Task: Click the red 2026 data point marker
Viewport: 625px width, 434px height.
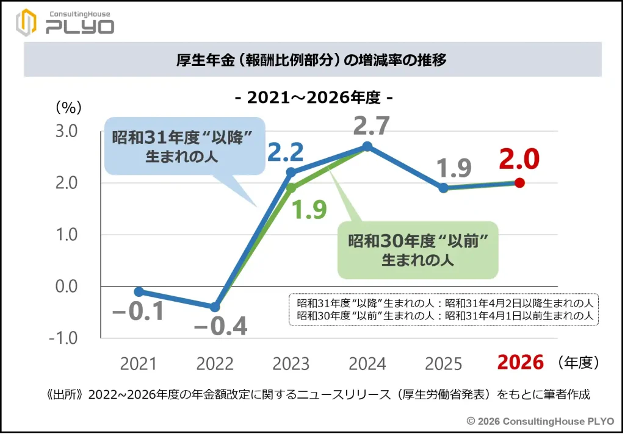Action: pyautogui.click(x=519, y=182)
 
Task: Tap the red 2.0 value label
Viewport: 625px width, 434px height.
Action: pyautogui.click(x=519, y=159)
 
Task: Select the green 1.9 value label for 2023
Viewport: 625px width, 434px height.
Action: pyautogui.click(x=309, y=209)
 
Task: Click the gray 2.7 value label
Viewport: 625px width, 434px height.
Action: pyautogui.click(x=371, y=126)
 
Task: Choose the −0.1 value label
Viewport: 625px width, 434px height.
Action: pyautogui.click(x=138, y=311)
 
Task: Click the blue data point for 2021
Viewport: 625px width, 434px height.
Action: pyautogui.click(x=139, y=291)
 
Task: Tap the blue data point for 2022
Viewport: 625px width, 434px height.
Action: pyautogui.click(x=215, y=307)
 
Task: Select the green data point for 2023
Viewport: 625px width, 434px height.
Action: pyautogui.click(x=291, y=188)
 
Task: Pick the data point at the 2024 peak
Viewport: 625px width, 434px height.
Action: pyautogui.click(x=367, y=146)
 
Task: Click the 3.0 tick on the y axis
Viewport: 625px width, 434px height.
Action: pyautogui.click(x=67, y=131)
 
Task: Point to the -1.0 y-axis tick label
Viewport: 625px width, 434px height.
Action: pyautogui.click(x=65, y=338)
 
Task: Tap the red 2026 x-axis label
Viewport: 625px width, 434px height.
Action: pyautogui.click(x=520, y=363)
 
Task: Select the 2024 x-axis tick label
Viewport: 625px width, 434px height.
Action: pyautogui.click(x=367, y=365)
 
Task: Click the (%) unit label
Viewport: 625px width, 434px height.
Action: pyautogui.click(x=68, y=108)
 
